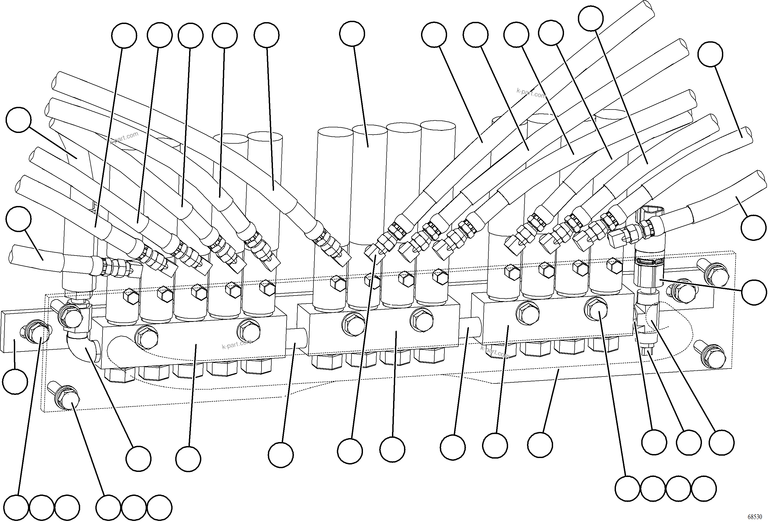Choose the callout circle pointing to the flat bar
tap(15, 382)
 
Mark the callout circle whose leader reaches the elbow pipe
tap(138, 459)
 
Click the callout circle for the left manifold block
tap(188, 459)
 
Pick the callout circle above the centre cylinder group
tap(352, 34)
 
